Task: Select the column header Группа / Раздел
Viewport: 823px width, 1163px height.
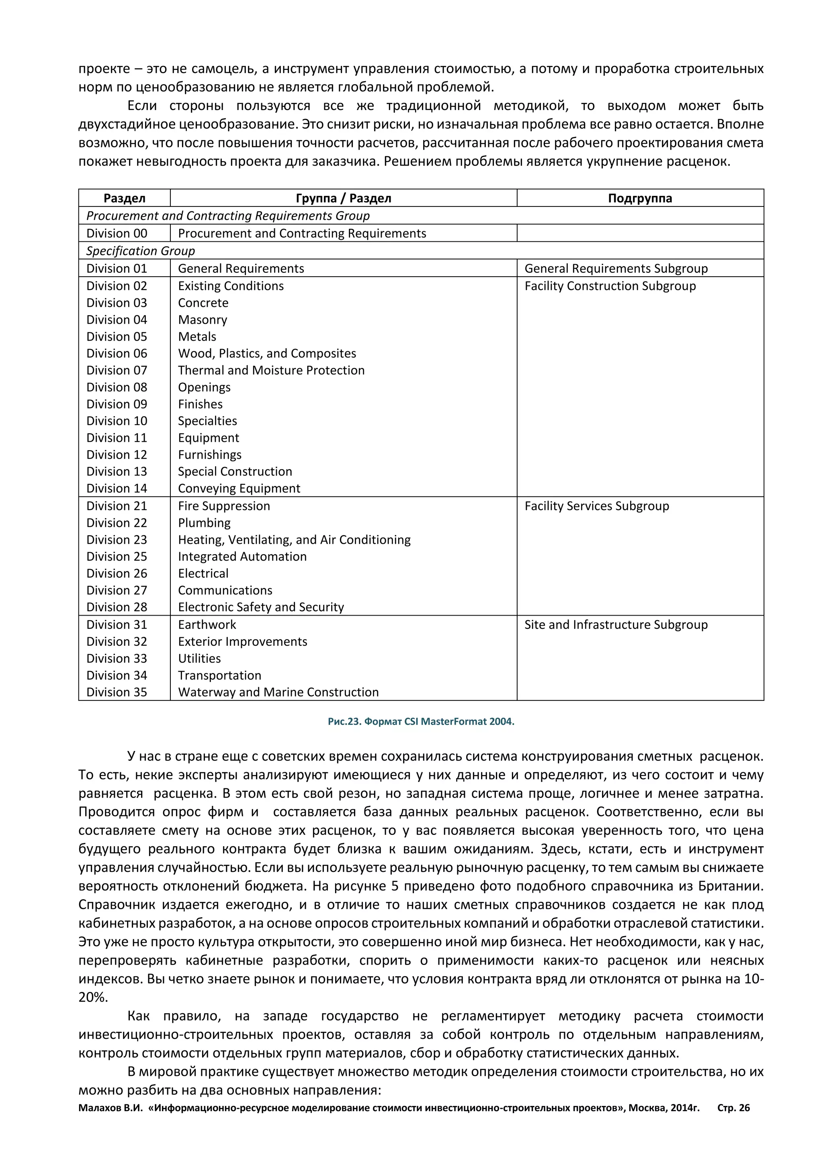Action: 343,198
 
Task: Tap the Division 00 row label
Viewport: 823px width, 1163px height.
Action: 117,233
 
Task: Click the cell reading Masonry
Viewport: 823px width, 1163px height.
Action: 202,320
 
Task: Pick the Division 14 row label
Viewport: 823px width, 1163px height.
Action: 117,488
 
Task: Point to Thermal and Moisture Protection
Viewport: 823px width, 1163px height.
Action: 271,370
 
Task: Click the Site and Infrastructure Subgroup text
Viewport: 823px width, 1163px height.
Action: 616,624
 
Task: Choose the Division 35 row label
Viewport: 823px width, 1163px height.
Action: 117,692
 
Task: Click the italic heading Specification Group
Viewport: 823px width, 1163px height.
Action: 140,251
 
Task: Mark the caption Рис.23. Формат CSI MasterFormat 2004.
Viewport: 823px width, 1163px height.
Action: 421,722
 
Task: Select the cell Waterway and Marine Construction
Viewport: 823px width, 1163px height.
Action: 278,692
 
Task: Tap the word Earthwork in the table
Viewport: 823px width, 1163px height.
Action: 207,624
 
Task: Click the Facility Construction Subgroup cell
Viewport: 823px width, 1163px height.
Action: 610,286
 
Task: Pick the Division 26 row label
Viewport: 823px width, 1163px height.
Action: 117,573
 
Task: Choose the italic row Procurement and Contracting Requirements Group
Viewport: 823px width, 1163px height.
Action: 227,216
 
